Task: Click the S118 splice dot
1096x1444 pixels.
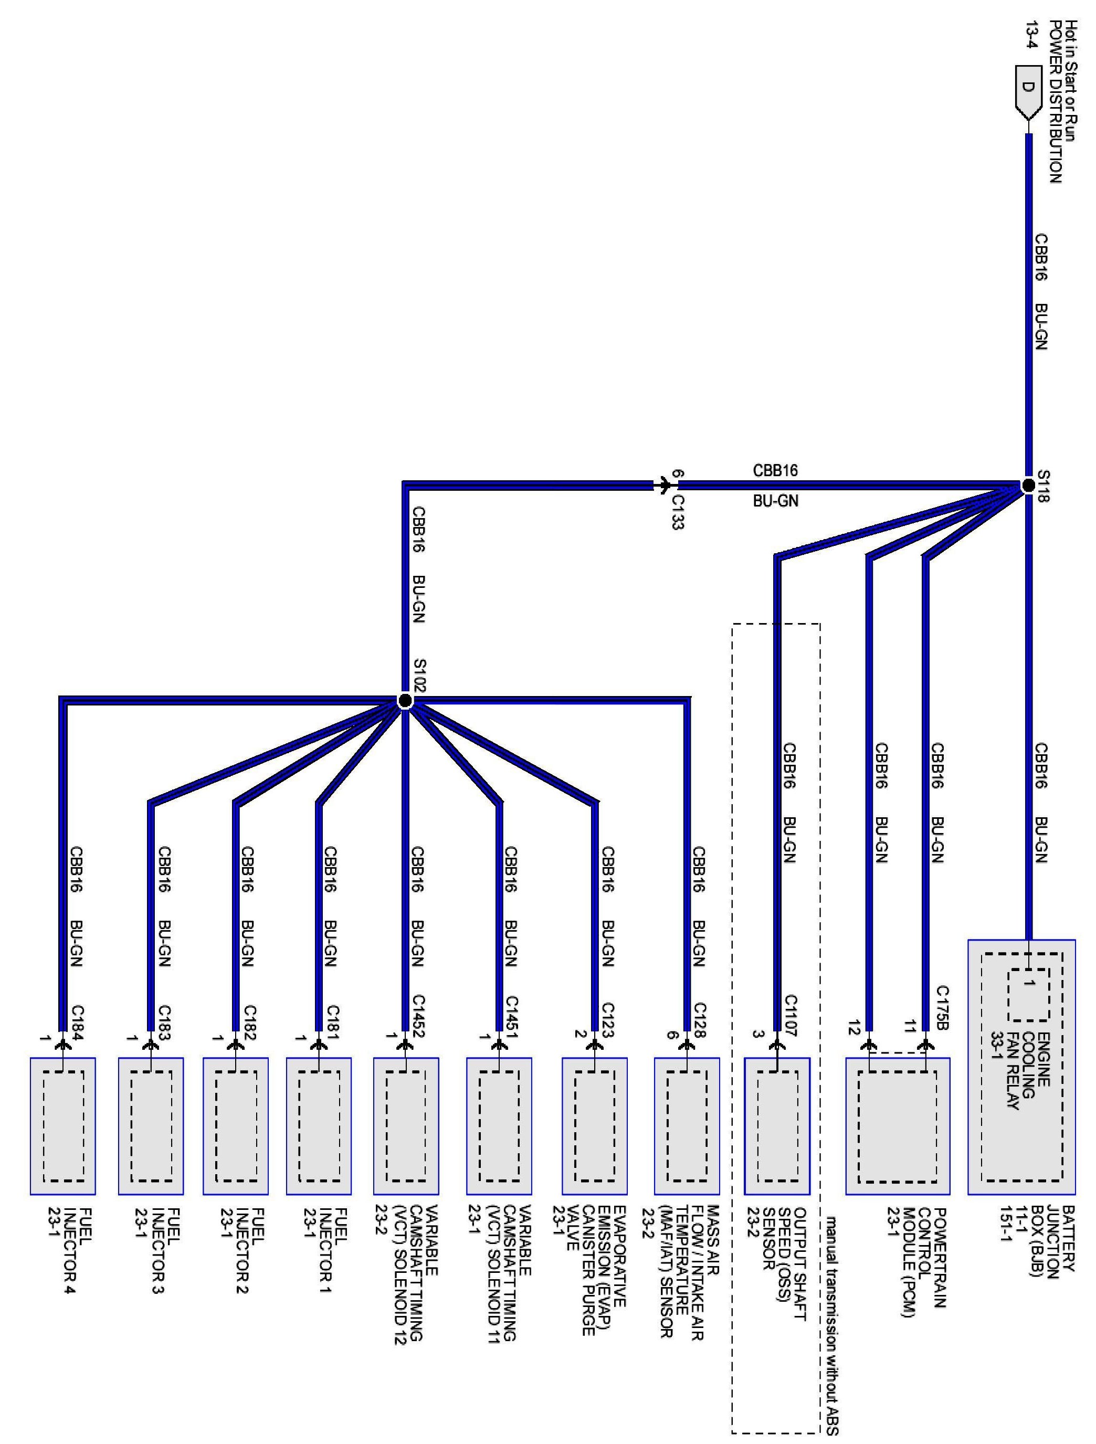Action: (1029, 485)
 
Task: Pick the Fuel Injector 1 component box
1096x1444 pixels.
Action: (319, 1125)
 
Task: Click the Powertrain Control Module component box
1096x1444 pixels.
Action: (898, 1125)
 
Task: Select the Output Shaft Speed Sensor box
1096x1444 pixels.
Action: (777, 1125)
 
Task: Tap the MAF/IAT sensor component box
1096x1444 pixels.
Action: (687, 1125)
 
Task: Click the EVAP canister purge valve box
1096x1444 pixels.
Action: (595, 1125)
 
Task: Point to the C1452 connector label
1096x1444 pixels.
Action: (418, 1015)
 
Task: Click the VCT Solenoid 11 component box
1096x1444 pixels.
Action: (499, 1125)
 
